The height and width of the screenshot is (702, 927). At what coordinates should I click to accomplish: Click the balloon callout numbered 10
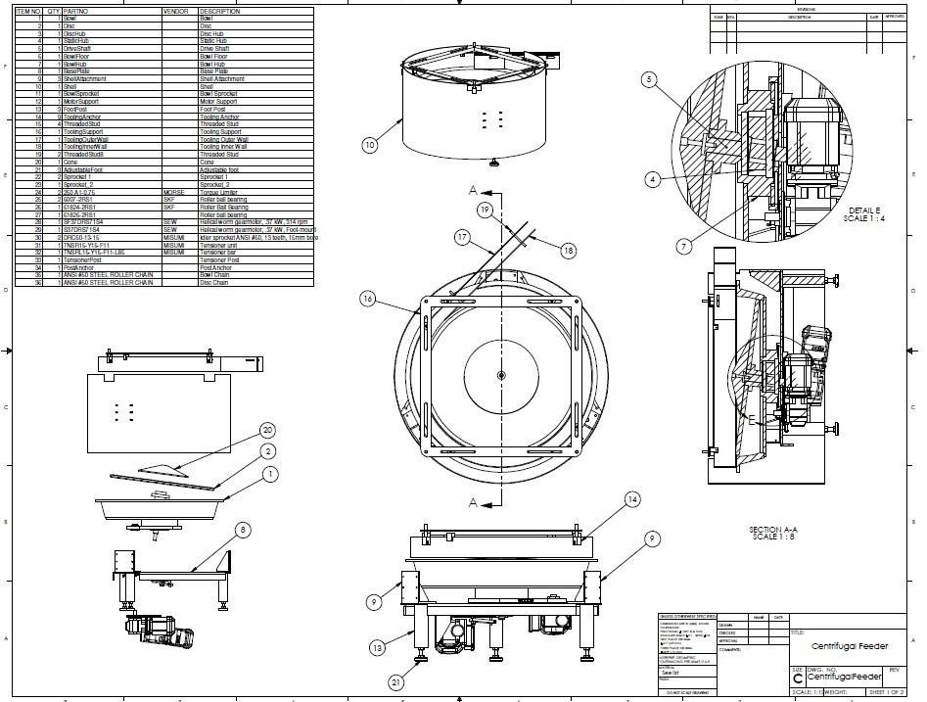[369, 146]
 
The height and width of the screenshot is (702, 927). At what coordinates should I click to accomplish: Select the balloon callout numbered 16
[368, 299]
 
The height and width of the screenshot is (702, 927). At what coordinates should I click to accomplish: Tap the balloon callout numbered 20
[268, 430]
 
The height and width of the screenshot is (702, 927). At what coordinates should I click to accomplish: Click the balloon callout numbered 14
[633, 498]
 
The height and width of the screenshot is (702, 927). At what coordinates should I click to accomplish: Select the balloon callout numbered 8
[243, 531]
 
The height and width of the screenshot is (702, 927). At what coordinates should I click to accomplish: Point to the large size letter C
[798, 678]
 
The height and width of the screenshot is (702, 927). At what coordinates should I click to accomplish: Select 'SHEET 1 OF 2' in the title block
[889, 691]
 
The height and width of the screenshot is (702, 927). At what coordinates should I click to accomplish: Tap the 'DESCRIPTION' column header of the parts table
[219, 12]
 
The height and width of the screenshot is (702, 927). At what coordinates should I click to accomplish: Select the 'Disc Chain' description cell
[214, 283]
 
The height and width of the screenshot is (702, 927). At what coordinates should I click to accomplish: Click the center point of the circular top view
[500, 375]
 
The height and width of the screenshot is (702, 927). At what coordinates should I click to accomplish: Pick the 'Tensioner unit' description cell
[219, 246]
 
